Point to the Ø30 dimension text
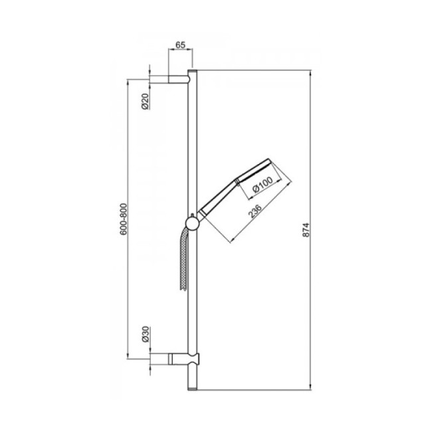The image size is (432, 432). [144, 336]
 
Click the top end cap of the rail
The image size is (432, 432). [193, 72]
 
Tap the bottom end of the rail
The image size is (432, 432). [193, 383]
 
